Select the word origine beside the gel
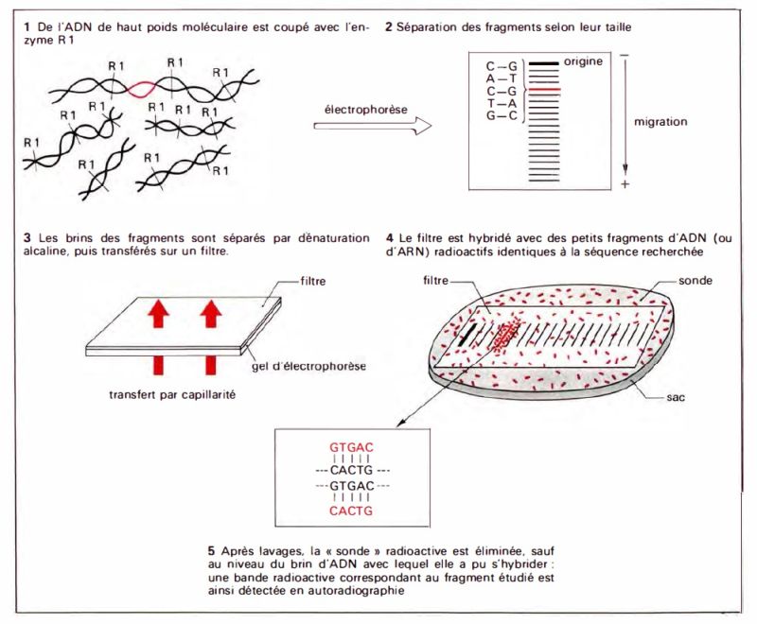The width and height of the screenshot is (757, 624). point(586,61)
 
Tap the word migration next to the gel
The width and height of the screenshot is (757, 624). point(661,122)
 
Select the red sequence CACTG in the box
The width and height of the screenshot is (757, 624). point(350,511)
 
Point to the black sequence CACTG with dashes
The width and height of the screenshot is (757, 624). point(350,467)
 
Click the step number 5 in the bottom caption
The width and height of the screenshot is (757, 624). point(209,549)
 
